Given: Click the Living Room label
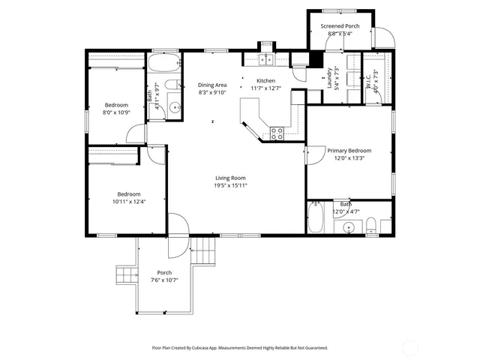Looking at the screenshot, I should pyautogui.click(x=230, y=178).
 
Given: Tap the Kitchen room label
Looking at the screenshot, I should pyautogui.click(x=265, y=81).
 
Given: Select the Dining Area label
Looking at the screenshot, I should pyautogui.click(x=212, y=85).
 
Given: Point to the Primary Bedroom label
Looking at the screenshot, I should pyautogui.click(x=349, y=151).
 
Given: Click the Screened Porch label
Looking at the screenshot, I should pyautogui.click(x=340, y=26).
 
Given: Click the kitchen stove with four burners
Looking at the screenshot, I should pyautogui.click(x=277, y=133).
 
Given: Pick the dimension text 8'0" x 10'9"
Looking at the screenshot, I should pyautogui.click(x=116, y=112).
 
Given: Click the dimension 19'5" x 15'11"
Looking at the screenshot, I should pyautogui.click(x=230, y=185).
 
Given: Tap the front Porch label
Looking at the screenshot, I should pyautogui.click(x=164, y=272).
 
